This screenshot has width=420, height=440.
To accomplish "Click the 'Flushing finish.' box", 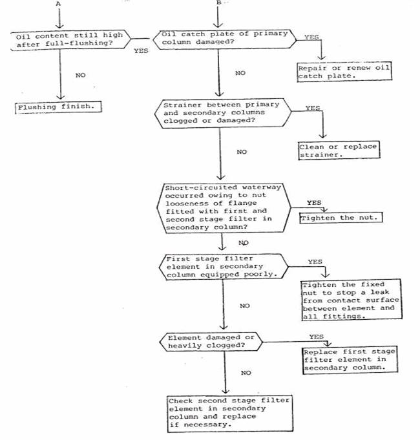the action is pyautogui.click(x=58, y=107).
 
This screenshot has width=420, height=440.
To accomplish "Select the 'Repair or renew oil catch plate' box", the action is pyautogui.click(x=344, y=72).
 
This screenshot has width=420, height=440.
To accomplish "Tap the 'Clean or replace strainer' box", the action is pyautogui.click(x=339, y=151).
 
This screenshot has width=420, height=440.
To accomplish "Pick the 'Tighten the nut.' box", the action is pyautogui.click(x=341, y=218).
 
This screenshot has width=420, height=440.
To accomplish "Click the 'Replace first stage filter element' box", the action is pyautogui.click(x=350, y=360).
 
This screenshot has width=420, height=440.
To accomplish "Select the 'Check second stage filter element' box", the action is pyautogui.click(x=230, y=413).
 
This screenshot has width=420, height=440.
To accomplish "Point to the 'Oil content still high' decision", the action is pyautogui.click(x=70, y=40).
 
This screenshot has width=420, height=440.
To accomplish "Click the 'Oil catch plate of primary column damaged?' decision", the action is pyautogui.click(x=225, y=39).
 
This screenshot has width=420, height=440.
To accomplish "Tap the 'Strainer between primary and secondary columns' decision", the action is pyautogui.click(x=223, y=113).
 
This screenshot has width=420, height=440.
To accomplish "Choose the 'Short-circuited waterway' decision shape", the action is pyautogui.click(x=224, y=207).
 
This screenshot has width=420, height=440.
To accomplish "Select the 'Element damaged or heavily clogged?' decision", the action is pyautogui.click(x=211, y=342).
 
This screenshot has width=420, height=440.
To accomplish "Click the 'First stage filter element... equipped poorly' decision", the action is pyautogui.click(x=224, y=267).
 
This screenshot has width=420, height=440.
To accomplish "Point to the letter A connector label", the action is pyautogui.click(x=58, y=4).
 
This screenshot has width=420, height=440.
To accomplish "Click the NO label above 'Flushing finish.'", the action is pyautogui.click(x=81, y=75).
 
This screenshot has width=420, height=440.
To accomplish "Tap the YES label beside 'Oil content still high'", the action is pyautogui.click(x=141, y=51).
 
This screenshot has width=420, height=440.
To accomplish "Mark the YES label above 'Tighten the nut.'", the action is pyautogui.click(x=314, y=203).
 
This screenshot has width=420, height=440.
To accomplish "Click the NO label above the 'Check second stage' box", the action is pyautogui.click(x=246, y=373).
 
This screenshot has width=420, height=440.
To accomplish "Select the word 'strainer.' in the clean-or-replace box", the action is pyautogui.click(x=321, y=154).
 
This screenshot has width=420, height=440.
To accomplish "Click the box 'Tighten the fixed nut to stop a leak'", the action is pyautogui.click(x=351, y=299).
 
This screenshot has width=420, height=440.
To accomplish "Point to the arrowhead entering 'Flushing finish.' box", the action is pyautogui.click(x=60, y=97).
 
